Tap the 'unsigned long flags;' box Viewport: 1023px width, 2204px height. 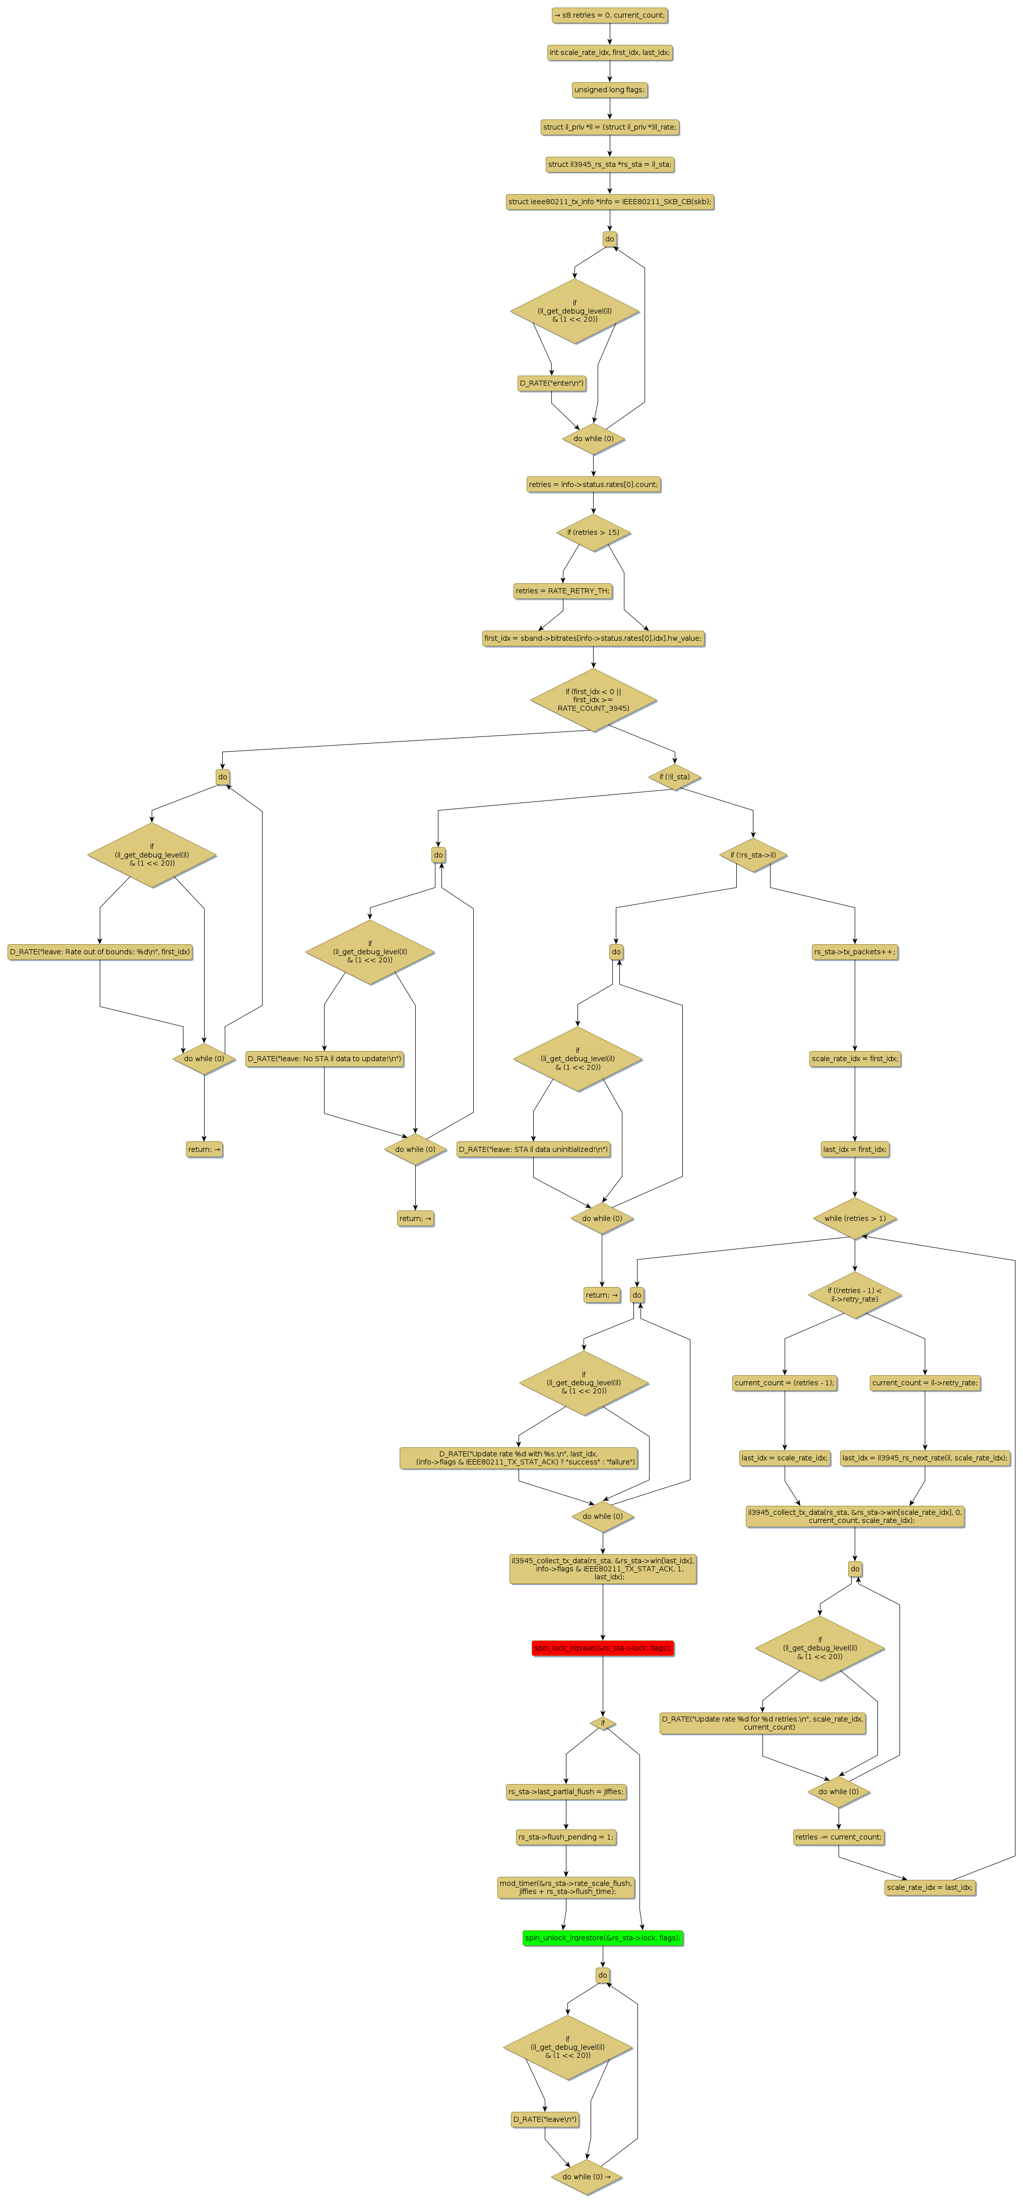coord(609,90)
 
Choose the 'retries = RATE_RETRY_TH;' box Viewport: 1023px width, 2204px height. coord(563,591)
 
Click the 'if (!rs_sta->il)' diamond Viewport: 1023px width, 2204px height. coord(753,855)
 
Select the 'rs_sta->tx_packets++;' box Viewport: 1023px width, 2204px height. coord(855,951)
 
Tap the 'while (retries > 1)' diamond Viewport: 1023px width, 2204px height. coord(855,1218)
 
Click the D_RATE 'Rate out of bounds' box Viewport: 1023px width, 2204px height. coord(100,951)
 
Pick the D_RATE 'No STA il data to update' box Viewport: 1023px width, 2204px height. coord(324,1058)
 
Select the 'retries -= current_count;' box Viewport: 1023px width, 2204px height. coord(838,1837)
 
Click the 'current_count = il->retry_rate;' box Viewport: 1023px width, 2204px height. coord(925,1383)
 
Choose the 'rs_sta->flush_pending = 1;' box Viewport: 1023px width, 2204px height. coord(565,1837)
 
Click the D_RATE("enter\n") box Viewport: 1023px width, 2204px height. coord(552,383)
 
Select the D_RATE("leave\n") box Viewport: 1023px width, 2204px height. coord(545,2119)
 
